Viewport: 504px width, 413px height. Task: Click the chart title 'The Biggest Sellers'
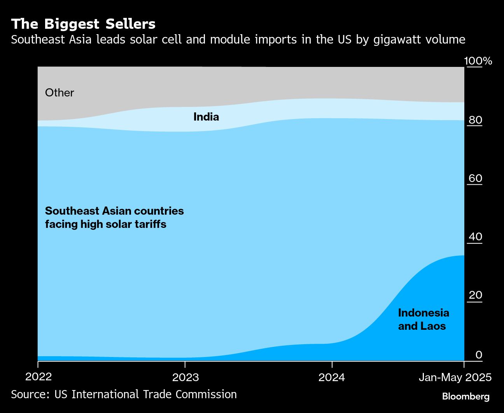[x=83, y=24]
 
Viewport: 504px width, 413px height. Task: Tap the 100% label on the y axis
[x=478, y=61]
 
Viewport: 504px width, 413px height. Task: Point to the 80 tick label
[x=475, y=120]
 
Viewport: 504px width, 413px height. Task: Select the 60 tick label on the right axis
[x=475, y=178]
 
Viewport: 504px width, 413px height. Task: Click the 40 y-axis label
[x=475, y=236]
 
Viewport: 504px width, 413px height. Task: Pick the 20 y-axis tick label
[x=475, y=295]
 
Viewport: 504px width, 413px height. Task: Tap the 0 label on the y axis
[x=479, y=354]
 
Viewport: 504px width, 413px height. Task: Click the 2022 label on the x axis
[x=38, y=377]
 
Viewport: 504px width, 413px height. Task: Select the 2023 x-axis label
[x=185, y=377]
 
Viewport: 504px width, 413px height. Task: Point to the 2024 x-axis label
[x=332, y=377]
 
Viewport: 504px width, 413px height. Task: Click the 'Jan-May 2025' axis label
[x=455, y=377]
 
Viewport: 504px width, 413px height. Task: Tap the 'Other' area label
[x=59, y=93]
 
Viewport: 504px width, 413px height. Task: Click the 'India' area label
[x=206, y=117]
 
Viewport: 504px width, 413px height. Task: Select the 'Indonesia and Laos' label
[x=423, y=319]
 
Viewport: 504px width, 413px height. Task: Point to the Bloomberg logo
[x=466, y=397]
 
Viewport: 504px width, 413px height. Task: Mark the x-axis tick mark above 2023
[x=185, y=364]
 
